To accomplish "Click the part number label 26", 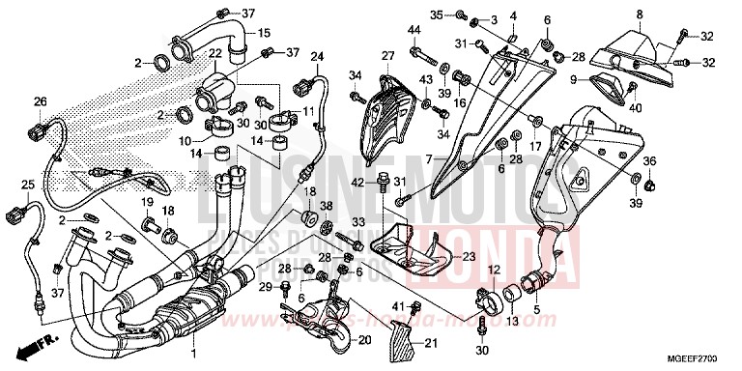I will point(40,101).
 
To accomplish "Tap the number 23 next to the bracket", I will point(469,257).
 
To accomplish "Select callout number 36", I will point(650,161).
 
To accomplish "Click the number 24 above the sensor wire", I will point(315,57).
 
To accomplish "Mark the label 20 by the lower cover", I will point(364,339).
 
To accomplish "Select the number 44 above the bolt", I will point(414,31).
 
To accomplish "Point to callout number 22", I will point(215,53).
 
